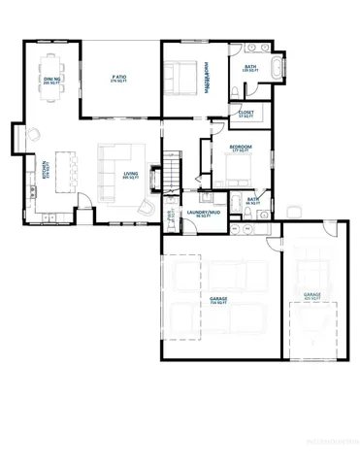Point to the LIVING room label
pos(129,176)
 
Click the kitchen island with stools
pos(66,173)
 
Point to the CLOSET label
pos(246,114)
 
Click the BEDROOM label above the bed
pos(240,149)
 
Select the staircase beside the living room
pos(171,174)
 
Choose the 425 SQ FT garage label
pos(311,295)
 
